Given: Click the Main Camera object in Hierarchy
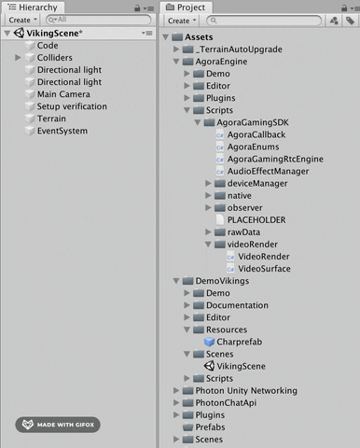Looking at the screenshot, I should coord(63,94).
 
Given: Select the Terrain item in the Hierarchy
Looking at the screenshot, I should coord(51,119).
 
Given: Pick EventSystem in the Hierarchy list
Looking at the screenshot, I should coord(62,131).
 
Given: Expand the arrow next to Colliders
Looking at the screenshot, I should coord(19,58).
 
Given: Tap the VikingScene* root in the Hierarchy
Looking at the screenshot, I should coord(54,33).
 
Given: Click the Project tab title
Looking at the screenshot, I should coord(191,7).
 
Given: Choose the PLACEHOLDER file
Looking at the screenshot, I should coord(256,219).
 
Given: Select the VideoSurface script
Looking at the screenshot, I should coord(264,269).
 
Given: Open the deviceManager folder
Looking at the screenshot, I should coord(256,183).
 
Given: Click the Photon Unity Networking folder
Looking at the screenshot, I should coord(248,390).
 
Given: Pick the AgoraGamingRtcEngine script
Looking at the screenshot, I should coord(275,159).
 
